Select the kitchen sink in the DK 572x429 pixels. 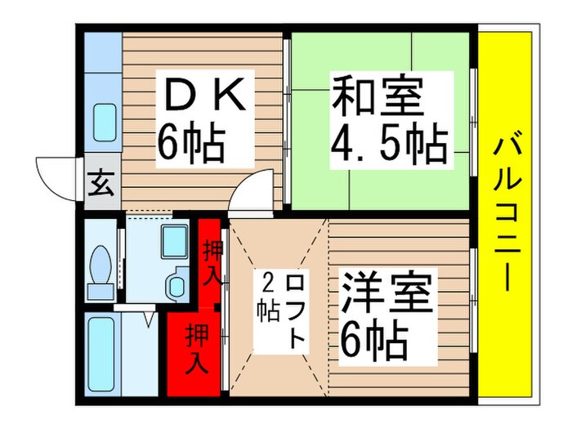click(104, 123)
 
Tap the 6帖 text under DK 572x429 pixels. click(191, 144)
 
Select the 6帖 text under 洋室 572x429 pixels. click(373, 342)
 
